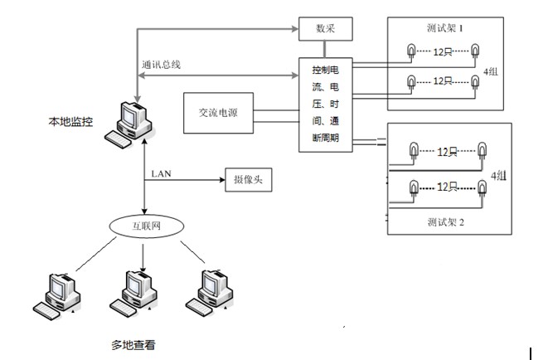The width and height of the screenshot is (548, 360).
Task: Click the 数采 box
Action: [x=324, y=30]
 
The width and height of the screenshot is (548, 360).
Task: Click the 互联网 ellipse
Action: [x=145, y=225]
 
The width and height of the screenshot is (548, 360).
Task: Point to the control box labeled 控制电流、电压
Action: [x=324, y=103]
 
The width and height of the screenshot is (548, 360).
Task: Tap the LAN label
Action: [x=162, y=173]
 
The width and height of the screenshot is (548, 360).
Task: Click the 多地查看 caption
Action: [x=134, y=342]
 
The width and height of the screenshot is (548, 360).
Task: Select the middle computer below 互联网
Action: [x=136, y=291]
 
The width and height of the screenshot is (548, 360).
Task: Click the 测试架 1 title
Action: [x=448, y=27]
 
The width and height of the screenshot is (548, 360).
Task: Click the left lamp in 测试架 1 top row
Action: [x=410, y=52]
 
